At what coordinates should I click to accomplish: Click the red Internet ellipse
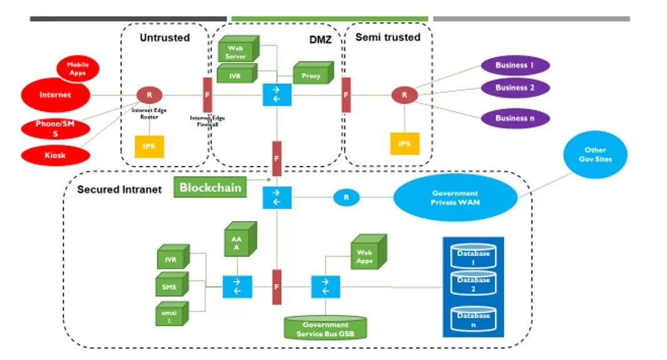tap(55, 95)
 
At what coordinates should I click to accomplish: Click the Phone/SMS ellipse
tap(55, 127)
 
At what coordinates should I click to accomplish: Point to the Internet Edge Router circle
tap(149, 95)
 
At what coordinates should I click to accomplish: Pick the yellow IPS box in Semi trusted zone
tap(404, 144)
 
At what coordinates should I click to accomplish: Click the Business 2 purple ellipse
tap(515, 88)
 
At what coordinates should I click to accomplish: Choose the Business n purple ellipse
tap(515, 118)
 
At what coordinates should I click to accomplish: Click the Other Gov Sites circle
tap(595, 154)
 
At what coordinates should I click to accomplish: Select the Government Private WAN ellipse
tap(455, 197)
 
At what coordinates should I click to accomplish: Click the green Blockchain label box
tap(210, 187)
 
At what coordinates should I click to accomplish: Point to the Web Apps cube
tap(366, 255)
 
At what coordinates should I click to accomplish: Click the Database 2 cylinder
tap(473, 284)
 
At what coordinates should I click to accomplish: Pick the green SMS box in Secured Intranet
tap(169, 287)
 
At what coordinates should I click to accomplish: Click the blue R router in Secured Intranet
tap(346, 197)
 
